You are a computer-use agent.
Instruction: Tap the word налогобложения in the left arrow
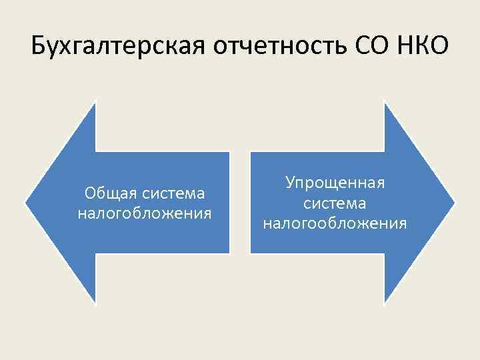pyautogui.click(x=145, y=214)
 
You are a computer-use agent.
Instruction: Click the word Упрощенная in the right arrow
pyautogui.click(x=335, y=182)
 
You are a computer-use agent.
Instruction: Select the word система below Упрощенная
pyautogui.click(x=335, y=202)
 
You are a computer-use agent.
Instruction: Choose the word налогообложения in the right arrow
pyautogui.click(x=335, y=223)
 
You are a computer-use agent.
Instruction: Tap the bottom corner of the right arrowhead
pyautogui.click(x=385, y=304)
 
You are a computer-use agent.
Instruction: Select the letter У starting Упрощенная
pyautogui.click(x=290, y=182)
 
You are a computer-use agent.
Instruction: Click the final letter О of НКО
pyautogui.click(x=440, y=48)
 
